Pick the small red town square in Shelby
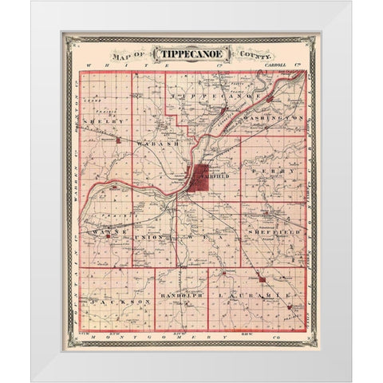[118, 140]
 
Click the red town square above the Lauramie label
[261, 279]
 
